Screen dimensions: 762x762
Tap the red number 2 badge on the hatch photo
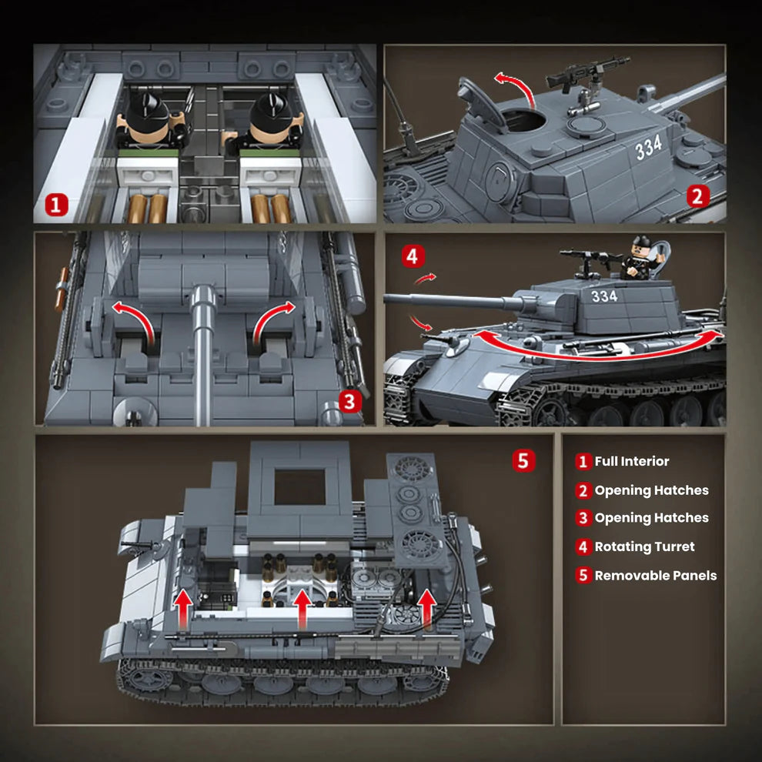click(698, 196)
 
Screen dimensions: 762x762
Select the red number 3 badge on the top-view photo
click(349, 401)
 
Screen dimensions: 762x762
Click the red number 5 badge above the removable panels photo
click(523, 461)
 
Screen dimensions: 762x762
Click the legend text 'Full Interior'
click(631, 462)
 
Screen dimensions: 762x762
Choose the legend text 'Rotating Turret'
click(644, 547)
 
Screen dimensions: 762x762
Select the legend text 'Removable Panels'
click(655, 576)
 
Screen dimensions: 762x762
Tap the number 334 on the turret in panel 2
click(648, 148)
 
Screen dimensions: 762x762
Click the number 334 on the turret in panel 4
click(604, 296)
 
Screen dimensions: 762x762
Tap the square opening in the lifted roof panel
click(299, 486)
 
